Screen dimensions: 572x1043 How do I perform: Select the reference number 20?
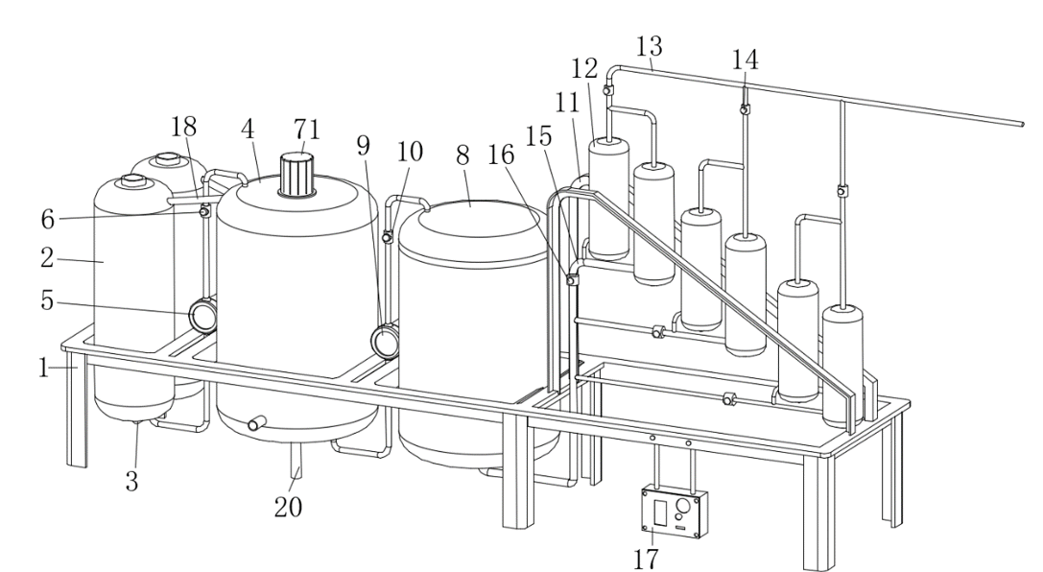click(x=289, y=507)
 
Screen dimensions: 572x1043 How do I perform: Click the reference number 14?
click(x=746, y=60)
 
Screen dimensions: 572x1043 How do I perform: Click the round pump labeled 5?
click(x=203, y=315)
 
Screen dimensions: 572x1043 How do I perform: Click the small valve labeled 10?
click(x=388, y=237)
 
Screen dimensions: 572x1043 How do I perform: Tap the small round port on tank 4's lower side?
click(x=255, y=423)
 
